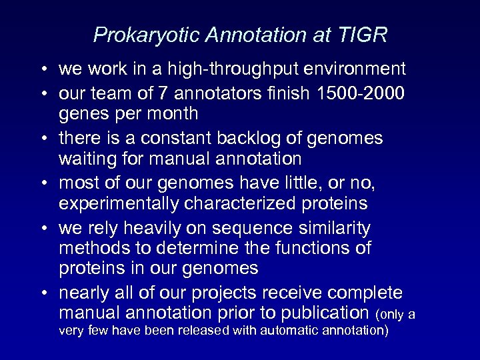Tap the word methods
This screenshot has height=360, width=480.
point(89,249)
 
